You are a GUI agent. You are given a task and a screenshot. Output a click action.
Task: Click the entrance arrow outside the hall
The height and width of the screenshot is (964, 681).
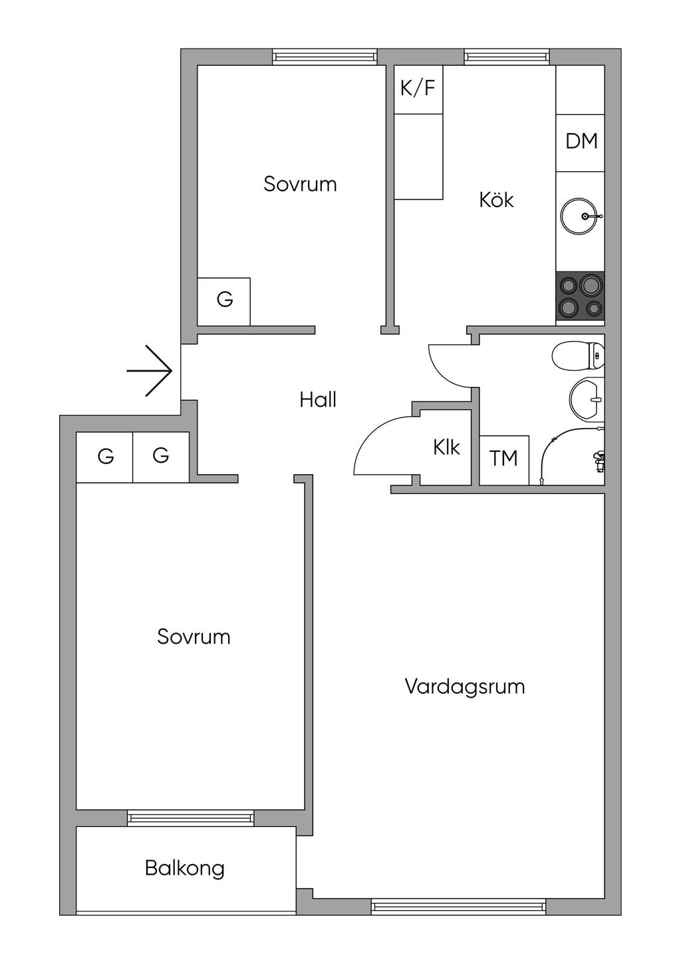point(150,371)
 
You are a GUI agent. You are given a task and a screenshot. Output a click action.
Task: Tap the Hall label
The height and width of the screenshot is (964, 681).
point(318,400)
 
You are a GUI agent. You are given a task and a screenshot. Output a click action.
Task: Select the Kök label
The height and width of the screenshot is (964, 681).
point(496,200)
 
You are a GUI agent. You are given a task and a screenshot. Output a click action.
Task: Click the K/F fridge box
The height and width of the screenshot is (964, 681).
point(418,89)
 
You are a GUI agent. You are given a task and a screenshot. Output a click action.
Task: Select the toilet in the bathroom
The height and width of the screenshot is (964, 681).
point(578,356)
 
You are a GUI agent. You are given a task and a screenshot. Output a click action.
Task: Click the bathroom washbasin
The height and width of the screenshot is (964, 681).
point(587,397)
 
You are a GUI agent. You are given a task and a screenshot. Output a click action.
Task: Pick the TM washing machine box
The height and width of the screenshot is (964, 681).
point(504,460)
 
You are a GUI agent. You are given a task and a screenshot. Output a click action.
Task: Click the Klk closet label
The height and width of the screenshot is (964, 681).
point(446,447)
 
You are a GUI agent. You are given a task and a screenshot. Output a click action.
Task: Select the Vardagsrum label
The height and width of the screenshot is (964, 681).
point(465,686)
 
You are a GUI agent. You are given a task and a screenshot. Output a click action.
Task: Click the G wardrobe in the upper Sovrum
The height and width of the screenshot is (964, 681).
point(223,301)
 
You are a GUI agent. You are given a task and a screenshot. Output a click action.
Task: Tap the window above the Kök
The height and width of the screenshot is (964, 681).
point(507,57)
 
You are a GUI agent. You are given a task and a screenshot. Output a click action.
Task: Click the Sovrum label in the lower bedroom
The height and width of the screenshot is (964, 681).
point(194,636)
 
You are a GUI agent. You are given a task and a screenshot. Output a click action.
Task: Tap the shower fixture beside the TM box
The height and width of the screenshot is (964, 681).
point(572,456)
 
